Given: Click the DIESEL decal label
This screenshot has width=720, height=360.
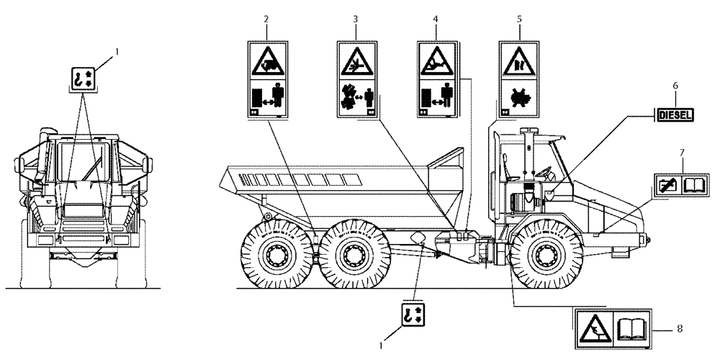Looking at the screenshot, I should [675, 114].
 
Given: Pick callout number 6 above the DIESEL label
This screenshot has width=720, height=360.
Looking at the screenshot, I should [675, 86].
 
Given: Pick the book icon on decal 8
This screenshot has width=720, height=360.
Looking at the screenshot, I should [631, 329].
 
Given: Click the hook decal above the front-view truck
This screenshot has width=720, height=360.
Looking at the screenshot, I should [83, 78].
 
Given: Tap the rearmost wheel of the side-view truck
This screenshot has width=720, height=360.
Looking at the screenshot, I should [276, 253].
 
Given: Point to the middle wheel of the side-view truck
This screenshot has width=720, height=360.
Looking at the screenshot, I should [352, 253].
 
